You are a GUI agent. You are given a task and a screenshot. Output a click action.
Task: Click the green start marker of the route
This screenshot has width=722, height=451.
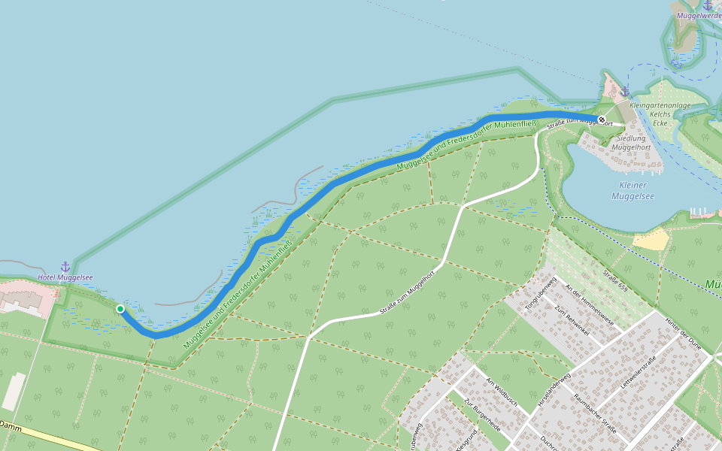120,308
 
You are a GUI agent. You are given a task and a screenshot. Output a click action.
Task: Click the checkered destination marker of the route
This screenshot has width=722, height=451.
602,120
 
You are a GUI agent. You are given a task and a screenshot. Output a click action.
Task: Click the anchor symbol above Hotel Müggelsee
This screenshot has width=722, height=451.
65,267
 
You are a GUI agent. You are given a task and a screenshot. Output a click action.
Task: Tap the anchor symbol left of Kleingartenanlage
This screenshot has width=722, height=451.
625,92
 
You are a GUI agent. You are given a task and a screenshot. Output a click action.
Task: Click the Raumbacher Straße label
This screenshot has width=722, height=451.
594,413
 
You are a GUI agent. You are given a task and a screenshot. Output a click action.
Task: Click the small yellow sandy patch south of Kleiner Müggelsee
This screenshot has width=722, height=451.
651,240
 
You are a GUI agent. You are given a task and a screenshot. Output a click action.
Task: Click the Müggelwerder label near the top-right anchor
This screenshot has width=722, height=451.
699,15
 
